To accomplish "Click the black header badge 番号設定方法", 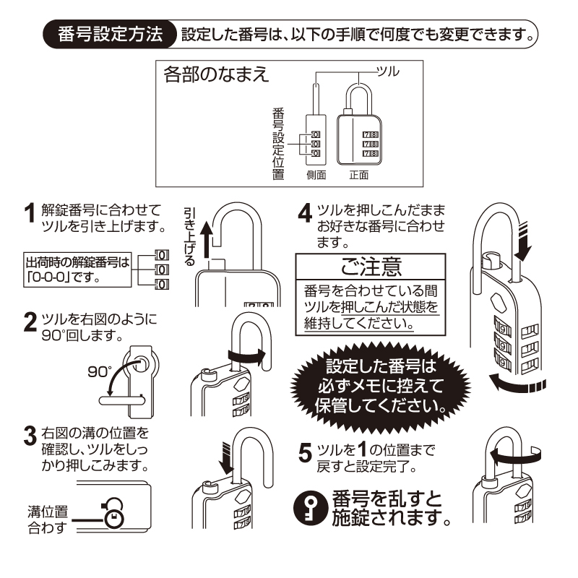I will point(111,35).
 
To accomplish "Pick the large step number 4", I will point(306,214).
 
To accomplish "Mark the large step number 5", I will point(306,453).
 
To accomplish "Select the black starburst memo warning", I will point(381,384).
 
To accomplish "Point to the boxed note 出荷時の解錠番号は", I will point(78,268).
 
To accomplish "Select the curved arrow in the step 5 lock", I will point(516,454).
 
